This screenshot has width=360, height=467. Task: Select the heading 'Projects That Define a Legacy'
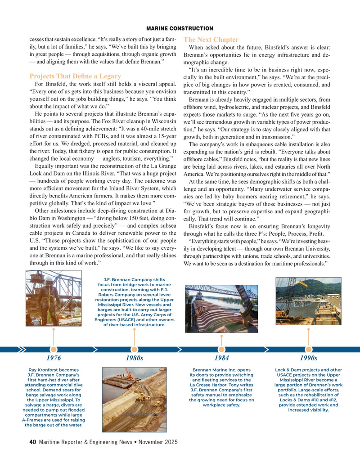point(75,76)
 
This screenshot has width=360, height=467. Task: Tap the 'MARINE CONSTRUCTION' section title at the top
point(180,29)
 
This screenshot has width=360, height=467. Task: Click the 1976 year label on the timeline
point(54,358)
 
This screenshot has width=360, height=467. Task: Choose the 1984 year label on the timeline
point(221,358)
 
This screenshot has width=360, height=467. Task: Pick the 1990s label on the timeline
point(308,358)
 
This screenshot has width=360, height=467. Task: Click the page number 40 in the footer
point(32,442)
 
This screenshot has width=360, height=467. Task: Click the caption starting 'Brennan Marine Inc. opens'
point(221,387)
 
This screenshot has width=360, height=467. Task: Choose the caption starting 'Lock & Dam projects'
point(308,390)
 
